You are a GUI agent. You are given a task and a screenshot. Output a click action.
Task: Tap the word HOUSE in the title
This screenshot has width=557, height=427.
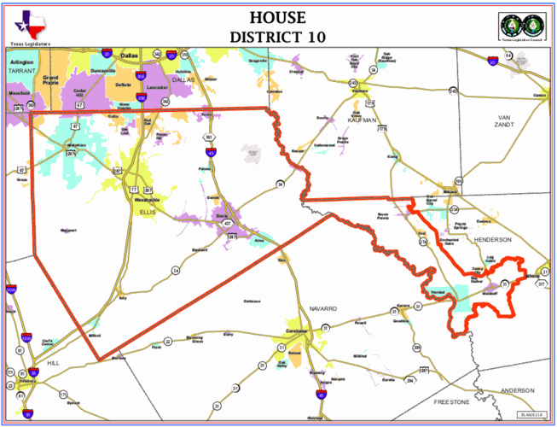(x=278, y=18)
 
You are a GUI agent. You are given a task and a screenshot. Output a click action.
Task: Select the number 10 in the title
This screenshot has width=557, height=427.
(x=313, y=37)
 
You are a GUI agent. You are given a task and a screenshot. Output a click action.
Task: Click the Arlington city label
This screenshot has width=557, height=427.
(x=22, y=63)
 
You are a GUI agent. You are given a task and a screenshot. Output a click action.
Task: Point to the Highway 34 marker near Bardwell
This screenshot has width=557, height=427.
(x=176, y=270)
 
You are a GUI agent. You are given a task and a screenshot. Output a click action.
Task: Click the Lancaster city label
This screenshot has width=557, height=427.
(x=157, y=87)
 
